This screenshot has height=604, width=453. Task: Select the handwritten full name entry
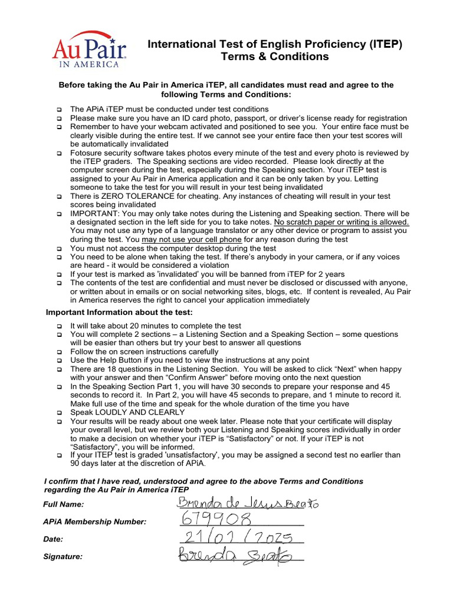coord(247,503)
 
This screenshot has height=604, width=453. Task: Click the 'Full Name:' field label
coord(64,504)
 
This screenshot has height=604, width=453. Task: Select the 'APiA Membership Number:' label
coord(95,521)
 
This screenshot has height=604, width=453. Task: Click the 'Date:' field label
coord(53,539)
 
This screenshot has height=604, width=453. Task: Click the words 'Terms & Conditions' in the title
coord(274,57)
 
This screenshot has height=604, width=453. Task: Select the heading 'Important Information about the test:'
coord(119,312)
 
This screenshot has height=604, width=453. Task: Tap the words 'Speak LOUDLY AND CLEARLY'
coord(123,413)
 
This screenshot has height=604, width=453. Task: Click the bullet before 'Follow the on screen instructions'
coord(60,352)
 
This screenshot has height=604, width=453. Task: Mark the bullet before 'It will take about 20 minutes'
coord(60,326)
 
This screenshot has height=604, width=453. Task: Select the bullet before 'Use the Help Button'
coord(60,360)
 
